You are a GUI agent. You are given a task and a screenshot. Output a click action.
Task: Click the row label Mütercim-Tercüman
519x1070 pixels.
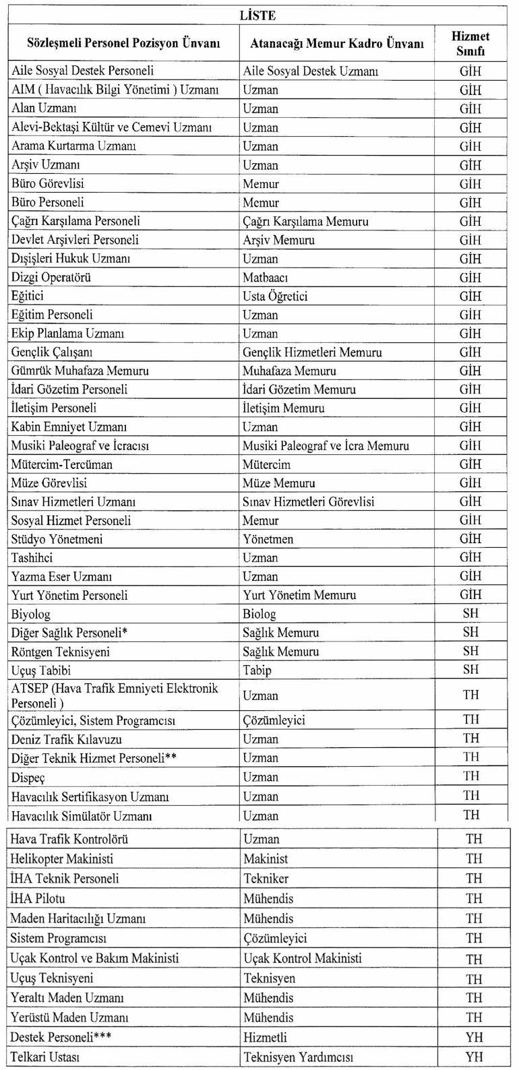[x=61, y=464]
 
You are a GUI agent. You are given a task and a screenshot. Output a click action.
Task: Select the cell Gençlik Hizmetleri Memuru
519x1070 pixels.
[x=312, y=352]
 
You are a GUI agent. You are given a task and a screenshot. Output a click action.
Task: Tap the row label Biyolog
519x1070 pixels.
[x=31, y=615]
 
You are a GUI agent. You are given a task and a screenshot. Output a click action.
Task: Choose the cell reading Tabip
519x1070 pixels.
[x=257, y=670]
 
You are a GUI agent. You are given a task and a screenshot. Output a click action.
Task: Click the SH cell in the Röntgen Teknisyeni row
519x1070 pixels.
[x=470, y=652]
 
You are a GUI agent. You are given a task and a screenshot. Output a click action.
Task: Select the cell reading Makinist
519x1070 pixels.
[x=266, y=859]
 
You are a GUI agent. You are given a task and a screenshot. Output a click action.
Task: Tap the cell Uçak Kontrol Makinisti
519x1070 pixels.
[x=302, y=958]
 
